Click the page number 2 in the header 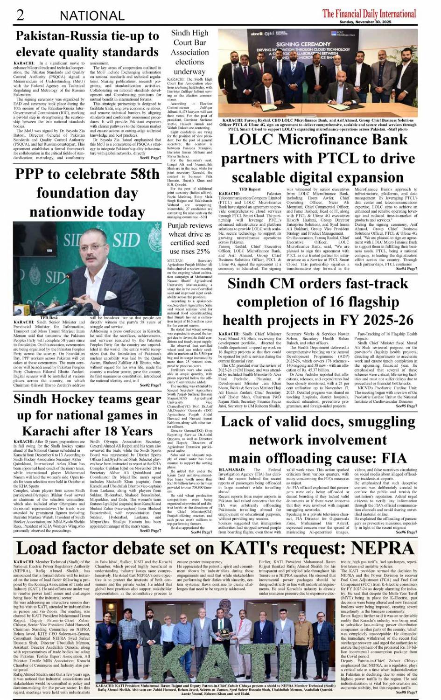point(20,15)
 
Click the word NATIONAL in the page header point(92,16)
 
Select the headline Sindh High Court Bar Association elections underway point(189,52)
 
